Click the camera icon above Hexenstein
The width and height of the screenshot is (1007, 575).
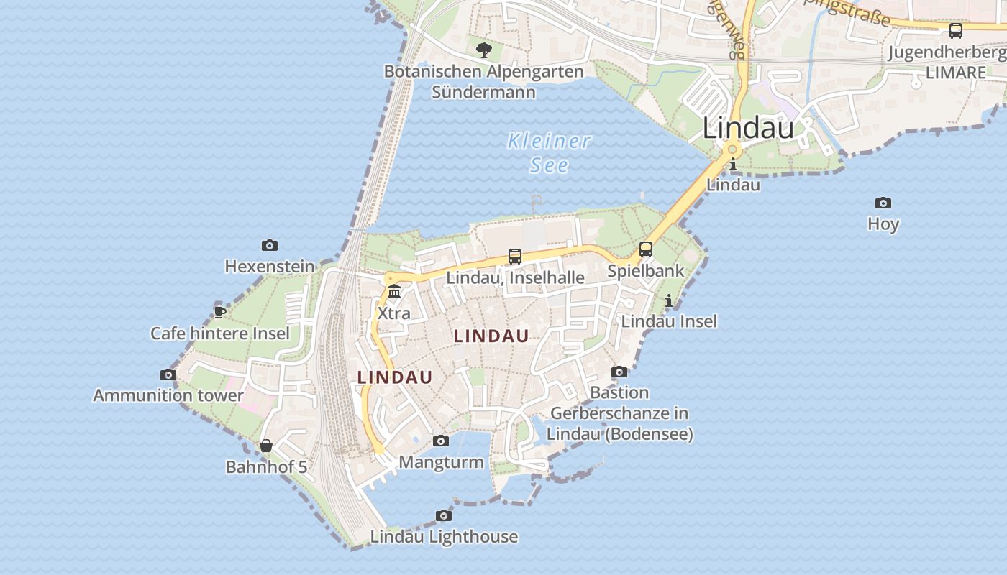270,246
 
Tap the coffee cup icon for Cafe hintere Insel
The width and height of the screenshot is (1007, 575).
220,312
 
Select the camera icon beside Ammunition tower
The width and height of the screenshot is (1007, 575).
168,374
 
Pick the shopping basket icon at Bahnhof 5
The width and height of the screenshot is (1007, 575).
266,446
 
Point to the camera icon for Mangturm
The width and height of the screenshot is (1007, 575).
441,441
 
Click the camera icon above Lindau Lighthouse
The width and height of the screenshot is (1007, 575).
444,515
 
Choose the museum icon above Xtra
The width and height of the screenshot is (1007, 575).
394,292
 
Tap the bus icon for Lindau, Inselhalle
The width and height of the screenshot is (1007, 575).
515,256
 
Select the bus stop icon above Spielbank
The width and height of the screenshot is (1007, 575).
646,249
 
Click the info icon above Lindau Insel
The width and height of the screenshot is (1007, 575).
669,300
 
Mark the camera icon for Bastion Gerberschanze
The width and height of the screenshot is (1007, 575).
619,372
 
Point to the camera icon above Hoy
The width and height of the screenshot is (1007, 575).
883,203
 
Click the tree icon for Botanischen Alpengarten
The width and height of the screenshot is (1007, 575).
484,50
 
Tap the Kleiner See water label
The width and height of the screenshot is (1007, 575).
550,152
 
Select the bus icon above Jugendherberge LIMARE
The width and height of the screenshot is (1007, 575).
956,31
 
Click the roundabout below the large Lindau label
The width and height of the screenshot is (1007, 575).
732,149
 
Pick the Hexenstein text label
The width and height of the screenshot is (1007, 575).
270,267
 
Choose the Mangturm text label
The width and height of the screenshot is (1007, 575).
441,461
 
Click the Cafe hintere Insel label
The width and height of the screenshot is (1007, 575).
220,333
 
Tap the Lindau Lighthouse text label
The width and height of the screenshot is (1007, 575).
444,537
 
